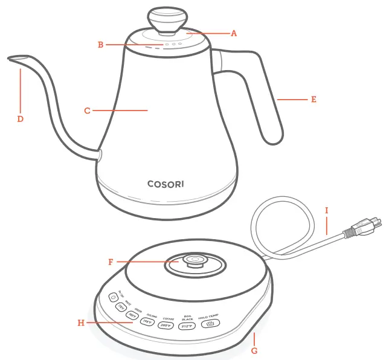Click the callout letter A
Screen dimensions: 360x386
pos(234,34)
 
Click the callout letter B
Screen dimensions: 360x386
pos(101,44)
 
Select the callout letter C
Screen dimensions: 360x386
pos(87,111)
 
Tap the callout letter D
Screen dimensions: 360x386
pos(20,119)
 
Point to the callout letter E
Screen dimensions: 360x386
pos(314,99)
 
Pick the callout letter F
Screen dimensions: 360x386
pos(111,262)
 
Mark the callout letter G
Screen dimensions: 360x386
pos(254,350)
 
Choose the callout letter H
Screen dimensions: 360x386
pos(80,323)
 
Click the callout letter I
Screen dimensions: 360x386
pos(327,211)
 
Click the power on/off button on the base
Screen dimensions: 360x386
pos(113,297)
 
